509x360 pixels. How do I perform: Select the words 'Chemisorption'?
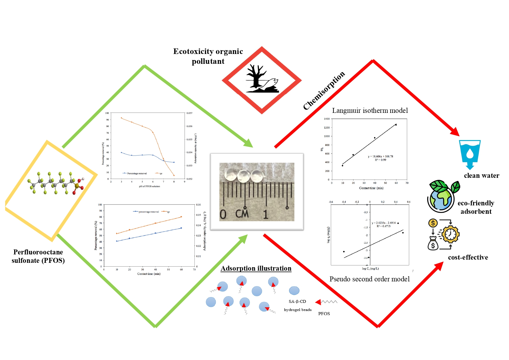click(x=324, y=91)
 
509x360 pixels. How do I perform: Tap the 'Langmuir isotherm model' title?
click(x=370, y=111)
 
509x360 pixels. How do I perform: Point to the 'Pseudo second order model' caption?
click(x=369, y=279)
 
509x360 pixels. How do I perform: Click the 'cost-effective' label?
click(x=468, y=257)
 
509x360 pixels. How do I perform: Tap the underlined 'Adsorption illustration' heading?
click(x=256, y=268)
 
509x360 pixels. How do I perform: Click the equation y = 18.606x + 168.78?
click(x=380, y=156)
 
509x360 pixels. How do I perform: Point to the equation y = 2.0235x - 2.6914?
click(x=384, y=223)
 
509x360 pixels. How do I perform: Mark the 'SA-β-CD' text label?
click(x=297, y=301)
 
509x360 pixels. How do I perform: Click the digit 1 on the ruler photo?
click(x=266, y=214)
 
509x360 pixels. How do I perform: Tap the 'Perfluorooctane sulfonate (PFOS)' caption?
click(x=38, y=256)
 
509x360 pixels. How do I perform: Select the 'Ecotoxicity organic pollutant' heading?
click(x=208, y=56)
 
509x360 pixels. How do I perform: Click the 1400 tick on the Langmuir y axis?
click(x=327, y=119)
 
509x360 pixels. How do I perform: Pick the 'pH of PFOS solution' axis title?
click(x=149, y=186)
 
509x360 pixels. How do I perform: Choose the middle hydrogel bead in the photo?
click(x=243, y=176)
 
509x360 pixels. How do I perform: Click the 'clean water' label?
click(x=481, y=176)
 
